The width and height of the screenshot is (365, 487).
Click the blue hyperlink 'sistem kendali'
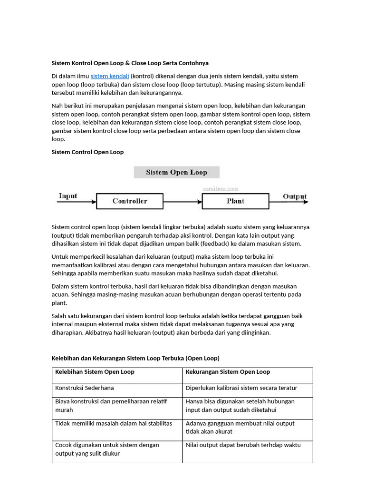pyautogui.click(x=109, y=76)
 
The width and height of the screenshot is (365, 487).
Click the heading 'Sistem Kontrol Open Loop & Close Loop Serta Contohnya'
pyautogui.click(x=130, y=63)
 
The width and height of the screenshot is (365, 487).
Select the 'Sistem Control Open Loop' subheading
pyautogui.click(x=87, y=152)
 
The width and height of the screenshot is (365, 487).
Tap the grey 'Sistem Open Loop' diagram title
pyautogui.click(x=176, y=172)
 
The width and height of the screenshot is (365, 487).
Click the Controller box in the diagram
pyautogui.click(x=130, y=201)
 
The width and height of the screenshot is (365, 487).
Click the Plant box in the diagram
pyautogui.click(x=235, y=201)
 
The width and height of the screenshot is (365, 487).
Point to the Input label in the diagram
pyautogui.click(x=68, y=196)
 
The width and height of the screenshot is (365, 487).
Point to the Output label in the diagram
pyautogui.click(x=295, y=196)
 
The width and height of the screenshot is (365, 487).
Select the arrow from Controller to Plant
pyautogui.click(x=182, y=202)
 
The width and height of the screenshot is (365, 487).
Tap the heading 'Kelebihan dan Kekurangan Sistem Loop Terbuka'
pyautogui.click(x=135, y=358)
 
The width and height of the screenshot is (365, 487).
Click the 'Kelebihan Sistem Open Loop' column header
pyautogui.click(x=95, y=372)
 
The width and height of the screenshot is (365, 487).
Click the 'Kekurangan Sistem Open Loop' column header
pyautogui.click(x=228, y=372)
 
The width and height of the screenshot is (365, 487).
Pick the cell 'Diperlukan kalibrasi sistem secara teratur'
pyautogui.click(x=241, y=388)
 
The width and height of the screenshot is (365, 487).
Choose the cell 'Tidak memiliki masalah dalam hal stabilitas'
pyautogui.click(x=114, y=423)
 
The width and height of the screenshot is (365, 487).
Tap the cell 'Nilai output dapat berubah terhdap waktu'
pyautogui.click(x=243, y=445)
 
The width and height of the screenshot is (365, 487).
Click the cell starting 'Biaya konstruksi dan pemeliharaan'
pyautogui.click(x=111, y=406)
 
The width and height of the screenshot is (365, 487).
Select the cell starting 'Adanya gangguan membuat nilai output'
pyautogui.click(x=240, y=428)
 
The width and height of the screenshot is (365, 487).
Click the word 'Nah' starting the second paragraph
pyautogui.click(x=57, y=106)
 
